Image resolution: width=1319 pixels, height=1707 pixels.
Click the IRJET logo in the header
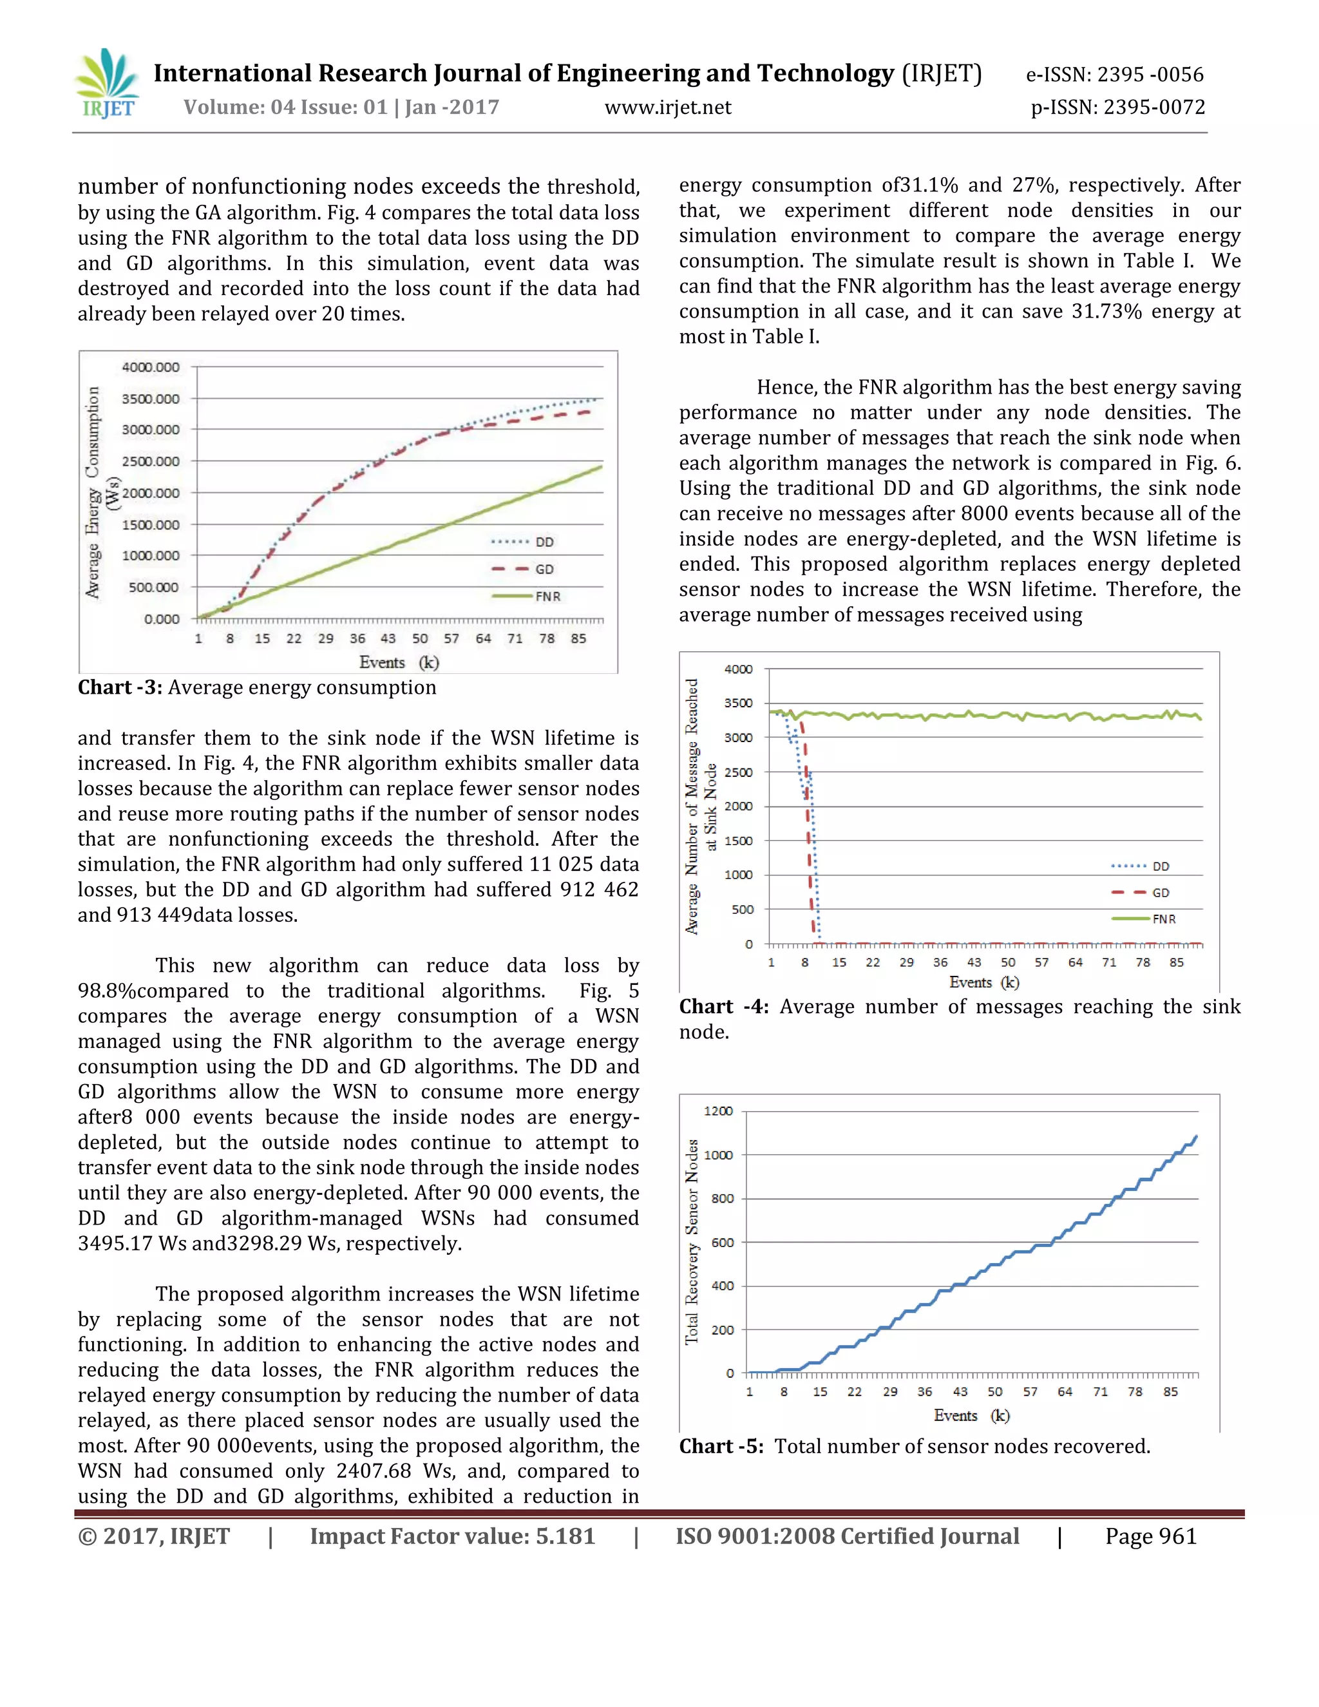(x=108, y=84)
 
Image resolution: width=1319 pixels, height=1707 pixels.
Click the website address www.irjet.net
(x=667, y=107)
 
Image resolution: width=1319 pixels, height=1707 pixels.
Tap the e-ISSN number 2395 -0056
(x=1150, y=74)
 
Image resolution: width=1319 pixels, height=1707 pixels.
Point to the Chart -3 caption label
(x=120, y=687)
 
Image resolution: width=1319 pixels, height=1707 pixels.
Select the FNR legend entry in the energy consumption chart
(x=547, y=596)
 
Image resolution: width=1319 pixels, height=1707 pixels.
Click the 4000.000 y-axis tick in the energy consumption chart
(x=150, y=367)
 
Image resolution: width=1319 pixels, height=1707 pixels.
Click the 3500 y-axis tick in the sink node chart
(x=737, y=703)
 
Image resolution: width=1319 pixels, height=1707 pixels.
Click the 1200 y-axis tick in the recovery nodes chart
(x=717, y=1111)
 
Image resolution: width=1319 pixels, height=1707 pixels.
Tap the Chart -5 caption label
(x=721, y=1446)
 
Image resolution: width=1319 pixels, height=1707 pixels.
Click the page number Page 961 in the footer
(x=1150, y=1536)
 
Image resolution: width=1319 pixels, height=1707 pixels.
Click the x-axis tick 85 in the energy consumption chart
(x=578, y=638)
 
